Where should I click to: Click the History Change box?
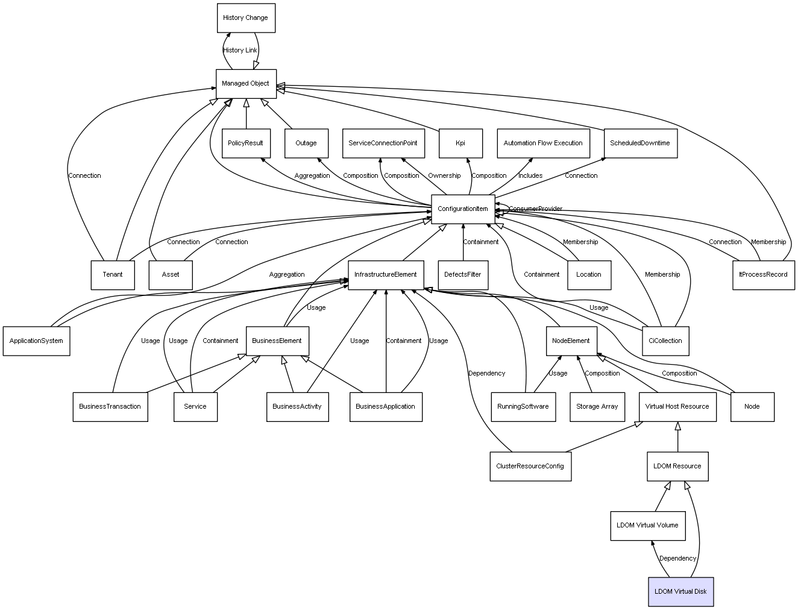coord(246,18)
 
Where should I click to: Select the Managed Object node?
coord(246,84)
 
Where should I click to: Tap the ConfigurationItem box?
coord(463,209)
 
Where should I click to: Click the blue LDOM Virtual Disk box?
coord(681,591)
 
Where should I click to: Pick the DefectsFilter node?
coord(463,275)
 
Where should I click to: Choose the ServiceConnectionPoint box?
coord(383,143)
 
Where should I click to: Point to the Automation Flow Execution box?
coord(544,143)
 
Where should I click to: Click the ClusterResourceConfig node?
coord(531,467)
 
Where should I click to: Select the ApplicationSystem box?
coord(36,341)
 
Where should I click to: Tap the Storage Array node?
coord(597,407)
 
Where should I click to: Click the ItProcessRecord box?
coord(764,275)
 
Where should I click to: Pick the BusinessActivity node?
coord(297,407)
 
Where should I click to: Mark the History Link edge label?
coord(240,50)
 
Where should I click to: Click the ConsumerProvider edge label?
coord(535,209)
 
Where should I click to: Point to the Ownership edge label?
coord(444,175)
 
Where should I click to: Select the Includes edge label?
coord(530,175)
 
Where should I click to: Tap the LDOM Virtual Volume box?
coord(648,526)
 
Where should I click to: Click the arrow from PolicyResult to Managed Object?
coord(246,113)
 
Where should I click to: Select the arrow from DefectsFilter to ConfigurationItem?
coord(463,242)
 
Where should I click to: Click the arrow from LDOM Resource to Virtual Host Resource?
coord(677,436)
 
